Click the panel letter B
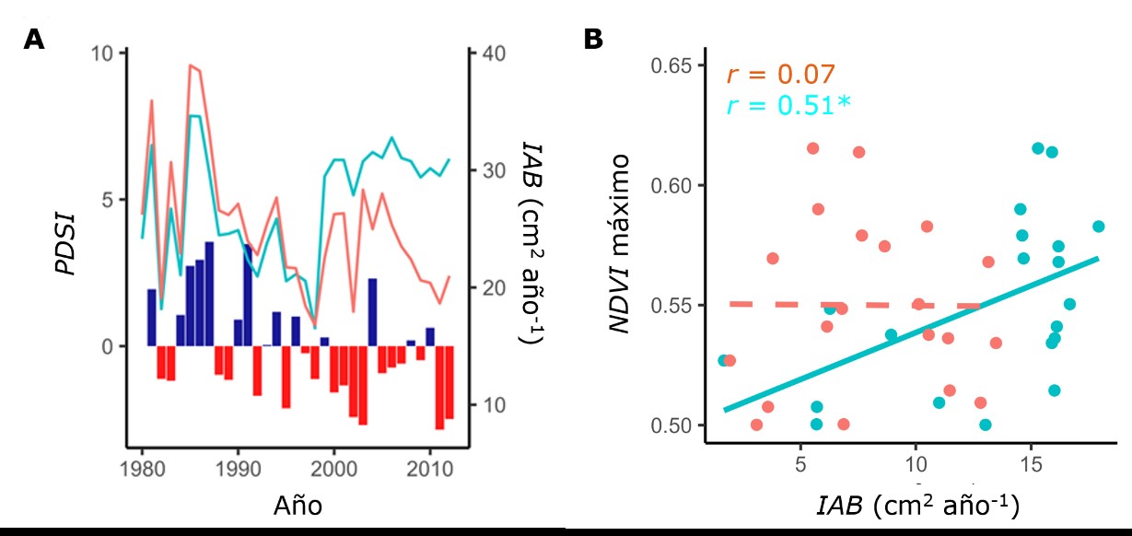(594, 39)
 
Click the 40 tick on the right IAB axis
(491, 52)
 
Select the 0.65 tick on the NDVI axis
(671, 67)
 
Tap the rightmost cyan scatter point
(1098, 227)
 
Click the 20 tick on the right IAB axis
(491, 287)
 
